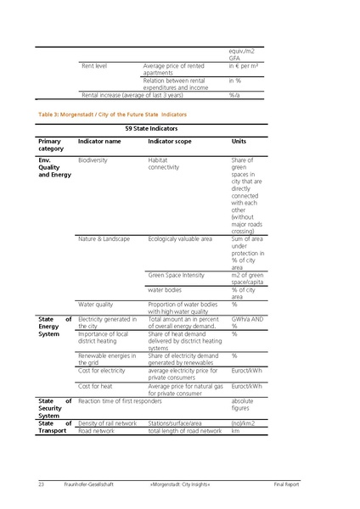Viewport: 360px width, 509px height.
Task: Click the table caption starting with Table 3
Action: click(112, 113)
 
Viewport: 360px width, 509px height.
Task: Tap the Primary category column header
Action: click(50, 144)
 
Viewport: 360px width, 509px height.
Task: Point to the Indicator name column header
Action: click(99, 141)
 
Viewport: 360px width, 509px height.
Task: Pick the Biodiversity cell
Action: click(93, 159)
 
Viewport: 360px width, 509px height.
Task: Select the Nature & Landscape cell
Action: click(104, 239)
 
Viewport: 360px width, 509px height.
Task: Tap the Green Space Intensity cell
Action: click(176, 275)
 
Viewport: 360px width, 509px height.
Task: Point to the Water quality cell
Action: click(95, 304)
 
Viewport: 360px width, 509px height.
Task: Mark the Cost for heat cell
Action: click(94, 385)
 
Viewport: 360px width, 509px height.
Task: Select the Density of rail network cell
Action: click(107, 422)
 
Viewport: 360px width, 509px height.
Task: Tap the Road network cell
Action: click(96, 430)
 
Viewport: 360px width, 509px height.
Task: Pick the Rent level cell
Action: click(94, 65)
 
